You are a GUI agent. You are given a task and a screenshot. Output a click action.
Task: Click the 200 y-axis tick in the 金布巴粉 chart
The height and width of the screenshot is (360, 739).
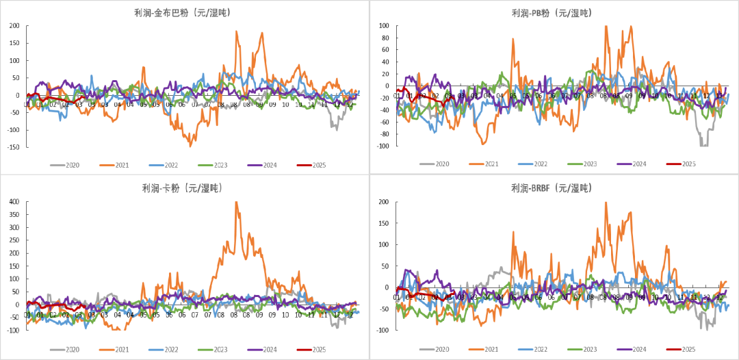coord(14,26)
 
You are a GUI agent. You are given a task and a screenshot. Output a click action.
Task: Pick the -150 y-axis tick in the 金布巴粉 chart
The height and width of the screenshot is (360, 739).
coord(13,146)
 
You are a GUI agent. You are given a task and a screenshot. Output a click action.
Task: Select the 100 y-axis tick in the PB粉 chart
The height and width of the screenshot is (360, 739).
coord(384,26)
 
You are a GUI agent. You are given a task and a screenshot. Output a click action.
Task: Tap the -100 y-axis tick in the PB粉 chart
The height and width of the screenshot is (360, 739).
coord(383,146)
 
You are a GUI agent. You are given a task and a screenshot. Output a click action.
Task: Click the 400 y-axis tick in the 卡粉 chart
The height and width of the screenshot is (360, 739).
coord(14,202)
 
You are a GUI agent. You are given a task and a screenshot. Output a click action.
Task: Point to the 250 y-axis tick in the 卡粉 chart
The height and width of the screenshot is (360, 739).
coord(14,240)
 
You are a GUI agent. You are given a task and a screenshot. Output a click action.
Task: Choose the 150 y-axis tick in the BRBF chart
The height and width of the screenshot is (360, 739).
coord(384,223)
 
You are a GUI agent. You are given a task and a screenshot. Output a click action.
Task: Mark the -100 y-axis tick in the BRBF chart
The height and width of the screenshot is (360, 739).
coord(383,330)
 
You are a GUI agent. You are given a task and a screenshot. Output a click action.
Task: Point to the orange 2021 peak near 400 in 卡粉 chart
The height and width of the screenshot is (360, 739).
coord(236,203)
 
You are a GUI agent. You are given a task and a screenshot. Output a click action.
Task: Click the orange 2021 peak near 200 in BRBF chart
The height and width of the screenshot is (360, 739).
coord(606,203)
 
